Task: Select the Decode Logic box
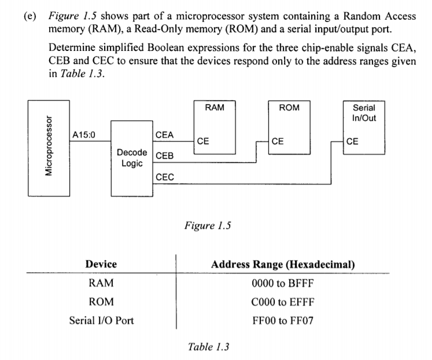pos(131,158)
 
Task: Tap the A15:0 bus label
pos(84,135)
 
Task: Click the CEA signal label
pos(165,135)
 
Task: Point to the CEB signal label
pos(165,156)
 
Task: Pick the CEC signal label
pos(165,177)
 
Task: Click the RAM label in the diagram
pos(215,107)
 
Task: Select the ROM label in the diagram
pos(289,107)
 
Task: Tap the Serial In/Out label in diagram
pos(364,113)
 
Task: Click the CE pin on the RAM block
pos(203,140)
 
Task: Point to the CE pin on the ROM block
pos(278,140)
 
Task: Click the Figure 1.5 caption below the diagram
pos(208,226)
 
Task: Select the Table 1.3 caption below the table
pos(209,347)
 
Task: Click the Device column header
pos(101,264)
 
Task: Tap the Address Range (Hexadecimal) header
pos(283,265)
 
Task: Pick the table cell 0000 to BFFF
pos(283,283)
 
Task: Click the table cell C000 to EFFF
pos(283,302)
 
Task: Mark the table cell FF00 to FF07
pos(283,320)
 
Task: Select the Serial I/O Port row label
pos(101,320)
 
